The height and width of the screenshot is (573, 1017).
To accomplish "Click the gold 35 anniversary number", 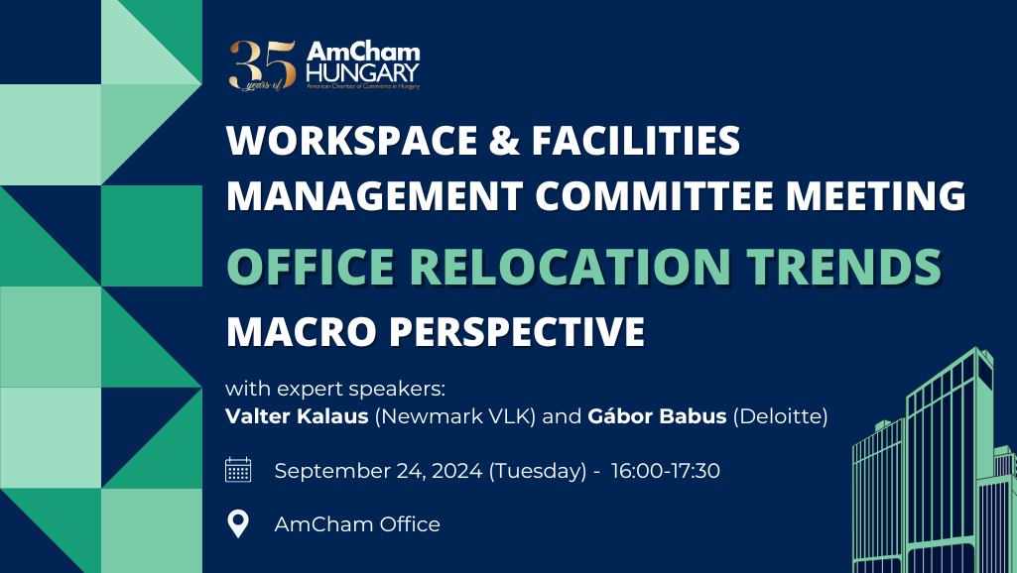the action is pos(262,64).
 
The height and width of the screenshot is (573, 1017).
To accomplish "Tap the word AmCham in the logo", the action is pos(363,52).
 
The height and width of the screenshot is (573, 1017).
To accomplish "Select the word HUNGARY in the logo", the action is pos(362,72).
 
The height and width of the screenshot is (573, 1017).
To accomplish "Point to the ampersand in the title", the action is pos(505,140).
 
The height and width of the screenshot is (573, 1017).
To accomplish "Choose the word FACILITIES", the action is pos(636,140).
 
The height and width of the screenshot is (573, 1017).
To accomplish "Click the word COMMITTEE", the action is pos(655,195).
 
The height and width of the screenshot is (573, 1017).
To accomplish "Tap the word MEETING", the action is pos(875,195).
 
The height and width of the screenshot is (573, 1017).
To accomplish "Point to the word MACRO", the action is pos(302,331).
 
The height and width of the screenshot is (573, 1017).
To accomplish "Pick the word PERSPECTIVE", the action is pos(517,331).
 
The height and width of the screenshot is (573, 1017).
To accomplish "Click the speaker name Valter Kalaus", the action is pos(297,415).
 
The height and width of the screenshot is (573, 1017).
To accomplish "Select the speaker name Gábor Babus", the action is pos(657,415).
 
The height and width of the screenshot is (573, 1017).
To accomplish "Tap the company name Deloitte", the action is pos(780,415).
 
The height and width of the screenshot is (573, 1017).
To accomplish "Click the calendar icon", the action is pos(238,469).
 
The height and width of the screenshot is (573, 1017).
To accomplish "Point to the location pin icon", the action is pos(238,523).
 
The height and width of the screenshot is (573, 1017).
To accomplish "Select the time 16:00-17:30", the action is pos(666,471).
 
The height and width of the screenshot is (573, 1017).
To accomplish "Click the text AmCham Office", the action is pos(357,523).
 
